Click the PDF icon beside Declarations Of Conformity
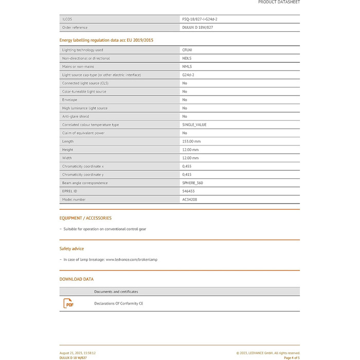[68, 303]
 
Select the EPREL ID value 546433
[188, 191]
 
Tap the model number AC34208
[190, 200]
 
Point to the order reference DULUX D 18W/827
[197, 27]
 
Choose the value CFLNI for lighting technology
[187, 50]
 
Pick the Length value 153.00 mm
[191, 141]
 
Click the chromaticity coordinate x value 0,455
[187, 166]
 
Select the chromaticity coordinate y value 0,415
[187, 174]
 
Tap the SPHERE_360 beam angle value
[192, 183]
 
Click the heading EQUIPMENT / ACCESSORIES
[85, 218]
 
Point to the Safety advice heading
[71, 248]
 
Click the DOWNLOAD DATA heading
[77, 279]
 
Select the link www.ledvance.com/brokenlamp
[132, 260]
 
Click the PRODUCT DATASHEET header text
[279, 3]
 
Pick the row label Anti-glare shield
[76, 116]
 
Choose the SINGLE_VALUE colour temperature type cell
[194, 124]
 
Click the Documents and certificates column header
[116, 292]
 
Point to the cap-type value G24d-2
[188, 75]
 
